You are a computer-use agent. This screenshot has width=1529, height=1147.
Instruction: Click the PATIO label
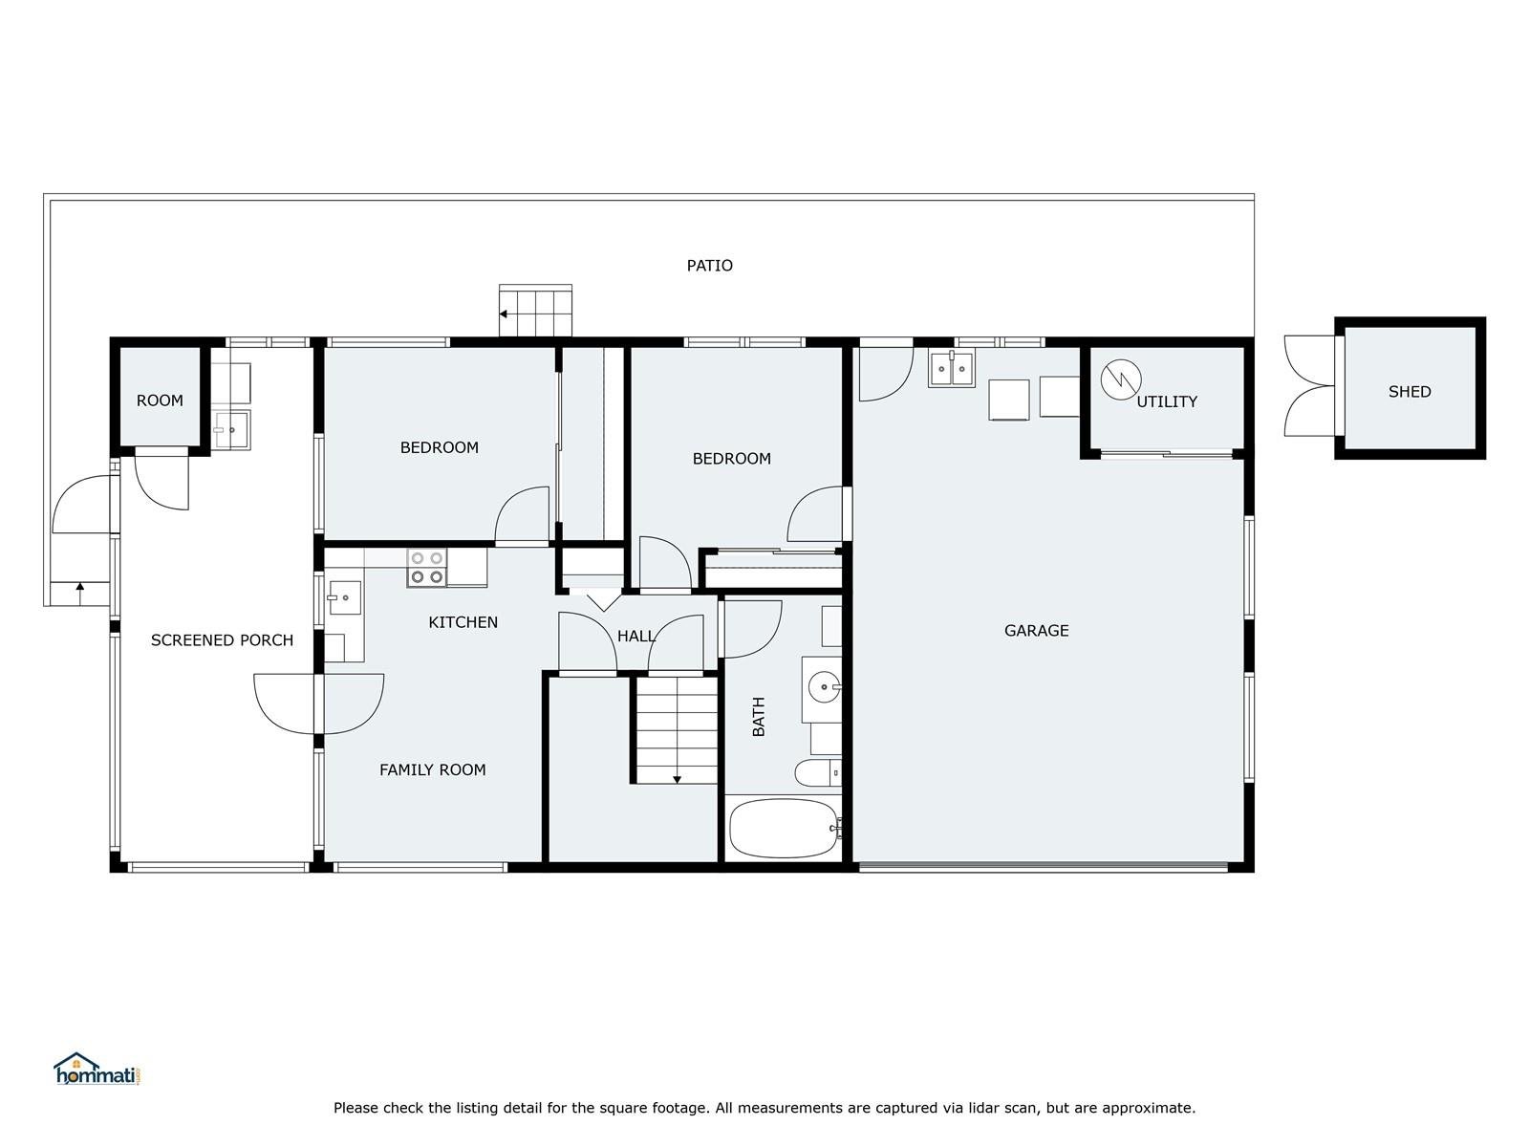point(709,266)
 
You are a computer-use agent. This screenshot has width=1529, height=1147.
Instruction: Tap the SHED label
point(1410,391)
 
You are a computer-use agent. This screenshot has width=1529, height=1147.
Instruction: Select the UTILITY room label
point(1167,401)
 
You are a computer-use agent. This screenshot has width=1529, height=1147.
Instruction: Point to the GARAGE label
point(1036,630)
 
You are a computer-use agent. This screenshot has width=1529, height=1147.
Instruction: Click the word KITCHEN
point(463,622)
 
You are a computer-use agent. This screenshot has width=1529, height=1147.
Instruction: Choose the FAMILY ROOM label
point(433,769)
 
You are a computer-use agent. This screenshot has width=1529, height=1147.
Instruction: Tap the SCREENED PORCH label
point(223,640)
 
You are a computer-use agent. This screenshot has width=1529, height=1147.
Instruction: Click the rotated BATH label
point(759,717)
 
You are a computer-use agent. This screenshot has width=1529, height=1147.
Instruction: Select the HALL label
point(636,636)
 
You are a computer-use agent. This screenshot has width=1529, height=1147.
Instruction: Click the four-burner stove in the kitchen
point(427,568)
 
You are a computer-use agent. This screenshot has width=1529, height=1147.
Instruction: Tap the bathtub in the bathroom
point(784,828)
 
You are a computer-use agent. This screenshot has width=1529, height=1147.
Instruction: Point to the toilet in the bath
point(818,773)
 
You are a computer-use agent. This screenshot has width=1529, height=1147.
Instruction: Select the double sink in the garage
point(951,368)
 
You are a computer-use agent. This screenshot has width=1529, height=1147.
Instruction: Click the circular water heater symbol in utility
point(1121,379)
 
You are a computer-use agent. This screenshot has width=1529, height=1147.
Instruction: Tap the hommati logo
point(97,1069)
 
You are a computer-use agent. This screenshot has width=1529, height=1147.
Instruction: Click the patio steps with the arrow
point(535,311)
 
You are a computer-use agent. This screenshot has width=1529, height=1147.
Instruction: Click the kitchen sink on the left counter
point(345,597)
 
